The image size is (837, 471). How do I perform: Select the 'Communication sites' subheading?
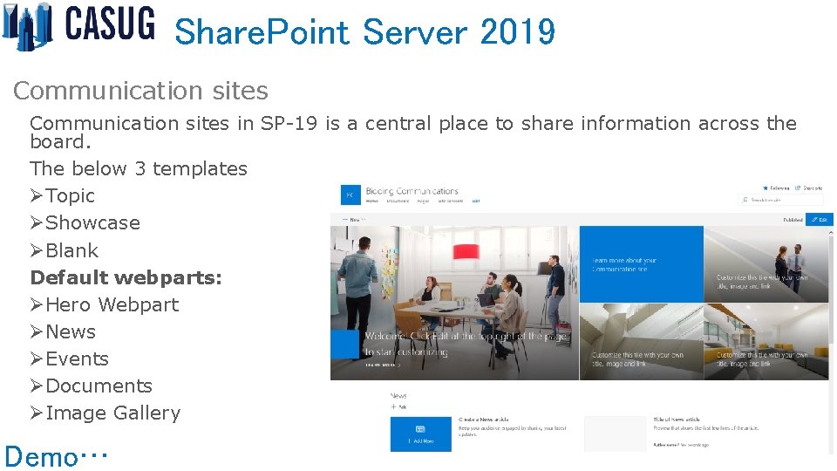[x=140, y=91]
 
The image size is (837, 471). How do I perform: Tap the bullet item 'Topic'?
[x=70, y=195]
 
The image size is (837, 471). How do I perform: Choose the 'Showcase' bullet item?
[x=92, y=222]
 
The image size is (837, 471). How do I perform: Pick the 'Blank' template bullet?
[x=71, y=250]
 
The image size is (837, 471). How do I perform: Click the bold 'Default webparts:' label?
[x=126, y=277]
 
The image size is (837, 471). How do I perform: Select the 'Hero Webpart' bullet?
[x=112, y=304]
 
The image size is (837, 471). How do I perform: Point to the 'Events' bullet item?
[x=77, y=358]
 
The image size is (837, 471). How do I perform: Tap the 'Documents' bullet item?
[x=99, y=386]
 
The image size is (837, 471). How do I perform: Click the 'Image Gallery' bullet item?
[x=112, y=413]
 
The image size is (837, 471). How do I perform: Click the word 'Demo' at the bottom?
[x=40, y=456]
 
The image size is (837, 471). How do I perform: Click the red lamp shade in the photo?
[x=466, y=251]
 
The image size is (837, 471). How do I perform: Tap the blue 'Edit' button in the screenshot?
[x=820, y=220]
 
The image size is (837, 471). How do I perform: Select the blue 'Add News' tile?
[x=420, y=433]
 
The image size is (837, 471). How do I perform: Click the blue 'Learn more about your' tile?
[x=641, y=264]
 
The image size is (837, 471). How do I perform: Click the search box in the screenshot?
[x=780, y=200]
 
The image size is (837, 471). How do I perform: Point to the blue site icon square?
[x=350, y=195]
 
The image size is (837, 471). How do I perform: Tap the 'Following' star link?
[x=775, y=188]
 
